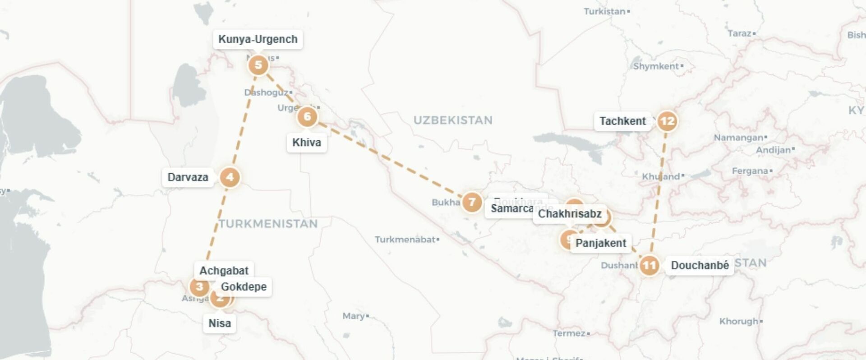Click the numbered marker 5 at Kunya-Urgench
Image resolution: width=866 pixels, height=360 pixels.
(x=258, y=65)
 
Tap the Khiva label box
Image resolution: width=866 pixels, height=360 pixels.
(x=307, y=143)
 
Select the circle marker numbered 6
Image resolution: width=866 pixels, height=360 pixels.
(x=307, y=117)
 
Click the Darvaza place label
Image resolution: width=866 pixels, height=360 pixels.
(x=188, y=177)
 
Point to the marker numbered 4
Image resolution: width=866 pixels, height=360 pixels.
(x=230, y=177)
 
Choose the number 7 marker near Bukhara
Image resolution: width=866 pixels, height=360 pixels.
(x=472, y=202)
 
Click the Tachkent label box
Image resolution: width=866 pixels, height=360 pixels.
(x=622, y=121)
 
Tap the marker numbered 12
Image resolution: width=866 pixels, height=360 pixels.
(x=667, y=121)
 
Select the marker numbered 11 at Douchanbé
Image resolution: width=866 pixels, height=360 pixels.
(x=649, y=265)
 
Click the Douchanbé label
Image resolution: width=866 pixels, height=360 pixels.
(x=700, y=265)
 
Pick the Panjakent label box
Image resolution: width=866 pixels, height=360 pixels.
(x=601, y=243)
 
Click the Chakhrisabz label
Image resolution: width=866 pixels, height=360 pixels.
(x=569, y=214)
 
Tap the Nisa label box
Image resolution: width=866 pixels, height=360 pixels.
(x=220, y=323)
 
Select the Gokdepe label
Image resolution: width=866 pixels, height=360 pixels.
(x=244, y=287)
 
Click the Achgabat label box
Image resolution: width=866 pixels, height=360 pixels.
(x=224, y=271)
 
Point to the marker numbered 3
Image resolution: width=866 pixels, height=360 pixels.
(x=199, y=286)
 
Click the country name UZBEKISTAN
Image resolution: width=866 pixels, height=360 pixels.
(x=453, y=120)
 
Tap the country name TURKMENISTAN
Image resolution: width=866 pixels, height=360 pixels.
(x=268, y=224)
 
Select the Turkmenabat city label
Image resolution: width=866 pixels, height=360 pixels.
(x=405, y=240)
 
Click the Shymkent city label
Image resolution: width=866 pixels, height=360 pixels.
(x=656, y=66)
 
